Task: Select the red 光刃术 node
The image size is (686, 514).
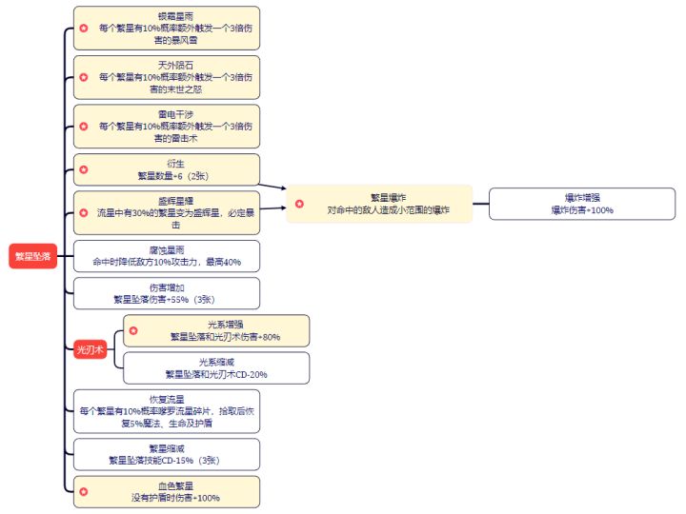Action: click(x=90, y=349)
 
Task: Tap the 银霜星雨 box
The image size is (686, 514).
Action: click(x=167, y=29)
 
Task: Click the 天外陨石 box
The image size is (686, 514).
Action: click(x=167, y=77)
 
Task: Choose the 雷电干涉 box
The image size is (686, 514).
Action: click(x=167, y=126)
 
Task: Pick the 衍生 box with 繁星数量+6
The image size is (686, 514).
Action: click(x=167, y=169)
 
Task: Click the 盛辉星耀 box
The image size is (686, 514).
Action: click(x=167, y=213)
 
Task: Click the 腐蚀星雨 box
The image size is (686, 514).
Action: click(x=167, y=255)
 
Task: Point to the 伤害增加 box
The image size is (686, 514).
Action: click(x=167, y=293)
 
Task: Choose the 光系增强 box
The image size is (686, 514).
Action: click(x=216, y=330)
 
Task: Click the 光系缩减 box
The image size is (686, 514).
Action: click(x=216, y=368)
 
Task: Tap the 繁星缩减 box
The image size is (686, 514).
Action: click(x=167, y=453)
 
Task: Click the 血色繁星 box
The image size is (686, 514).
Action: click(x=167, y=491)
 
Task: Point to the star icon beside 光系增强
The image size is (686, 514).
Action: click(x=134, y=330)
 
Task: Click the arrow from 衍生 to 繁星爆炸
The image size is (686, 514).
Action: click(x=272, y=187)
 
